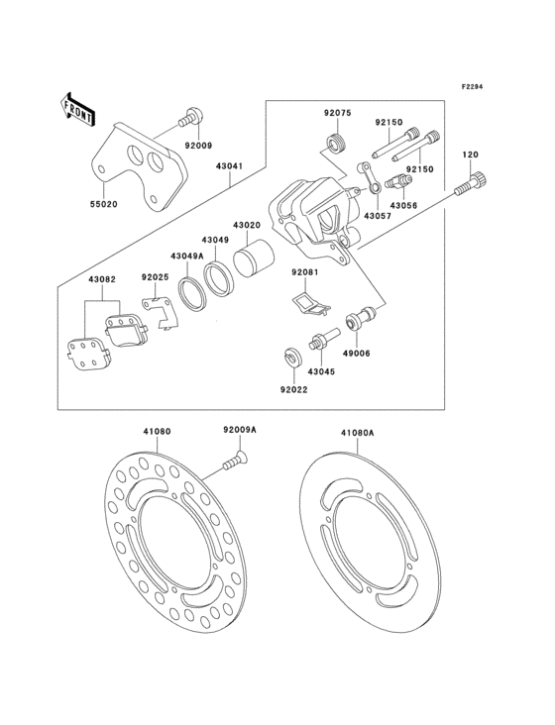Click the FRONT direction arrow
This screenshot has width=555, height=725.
tap(77, 108)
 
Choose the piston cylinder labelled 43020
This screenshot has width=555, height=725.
tap(255, 260)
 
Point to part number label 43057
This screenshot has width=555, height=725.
tap(376, 215)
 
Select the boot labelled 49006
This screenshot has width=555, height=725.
tap(357, 322)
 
